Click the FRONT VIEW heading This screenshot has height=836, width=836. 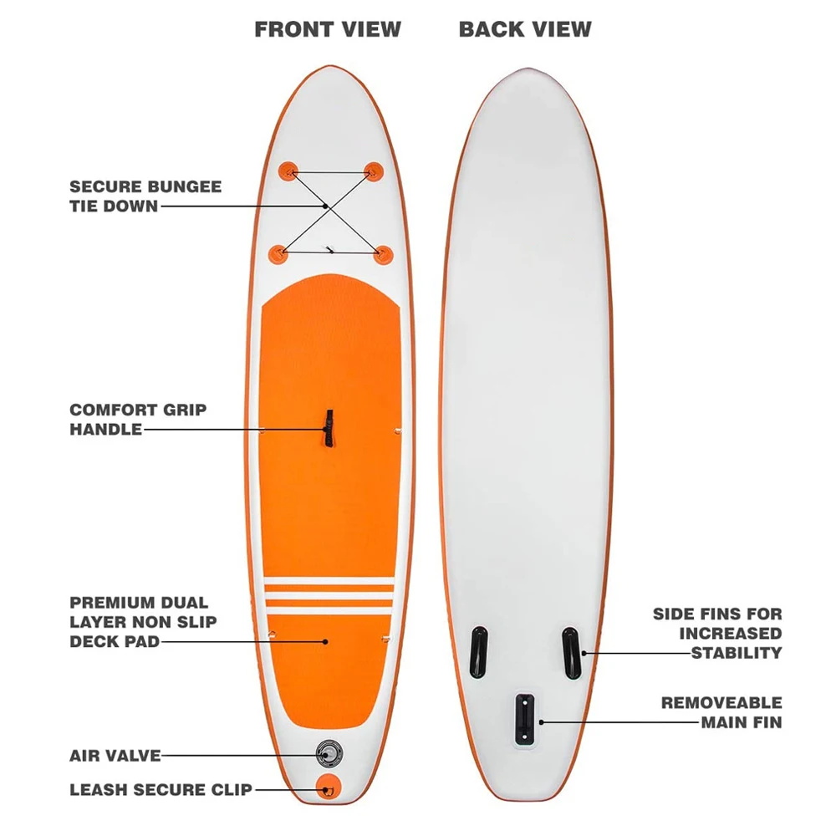click(328, 29)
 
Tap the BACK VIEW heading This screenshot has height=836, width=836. click(525, 29)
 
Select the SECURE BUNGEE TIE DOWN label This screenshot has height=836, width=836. click(145, 196)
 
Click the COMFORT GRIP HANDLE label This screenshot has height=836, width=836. click(138, 420)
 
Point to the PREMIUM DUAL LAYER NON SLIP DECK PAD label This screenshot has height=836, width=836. click(143, 622)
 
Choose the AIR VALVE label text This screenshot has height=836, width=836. click(115, 756)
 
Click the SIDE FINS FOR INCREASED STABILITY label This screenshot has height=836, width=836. click(717, 634)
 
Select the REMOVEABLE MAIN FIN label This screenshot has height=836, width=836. click(721, 712)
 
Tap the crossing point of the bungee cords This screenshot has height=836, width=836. click(324, 205)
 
